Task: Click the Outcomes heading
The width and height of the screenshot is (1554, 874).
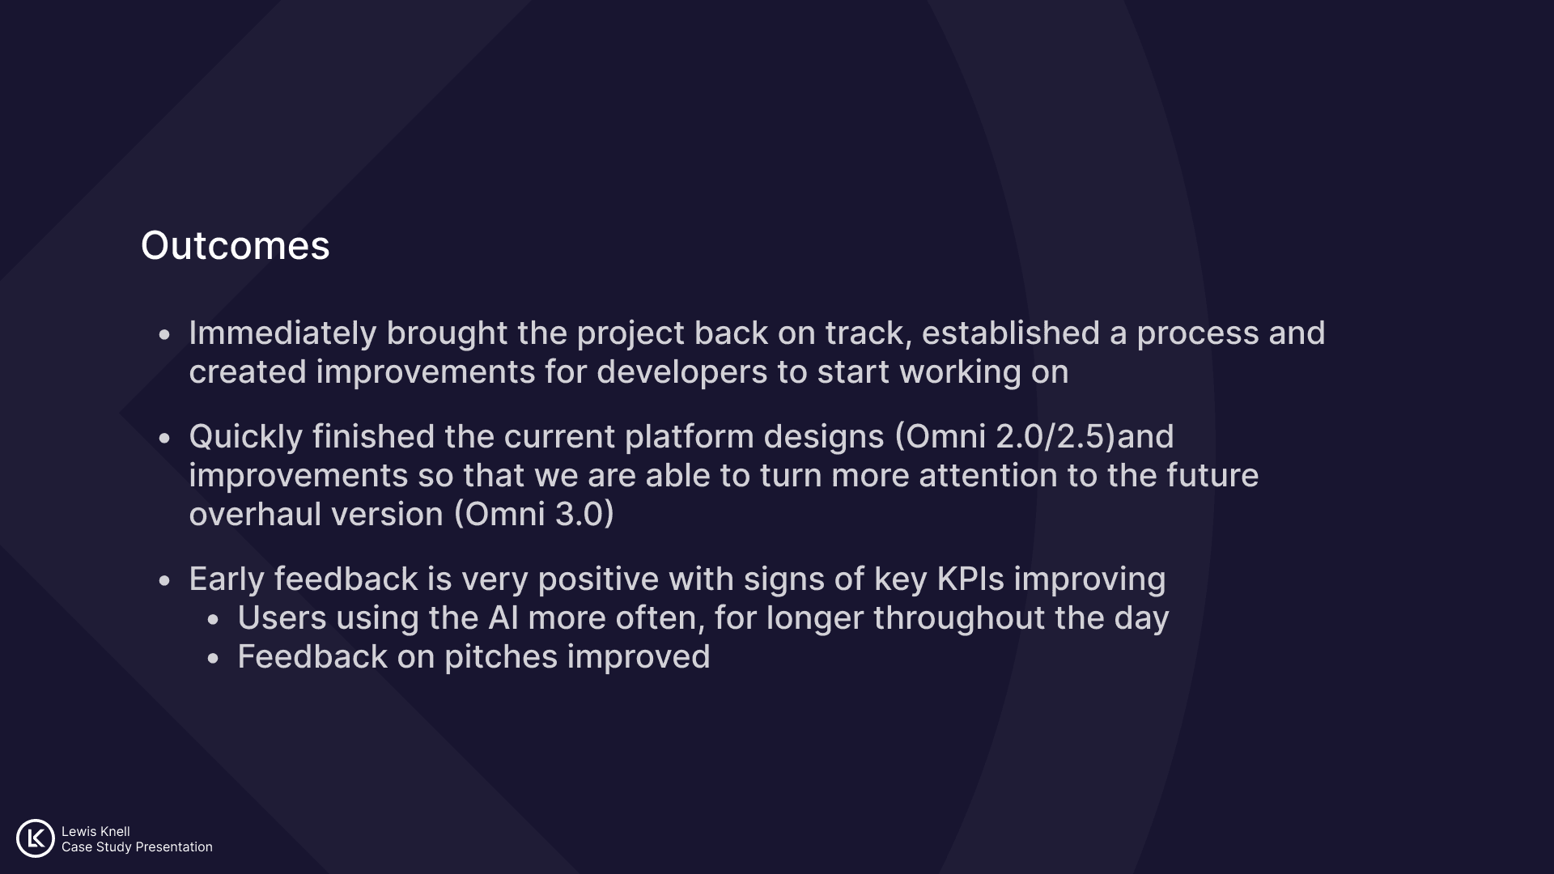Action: (236, 245)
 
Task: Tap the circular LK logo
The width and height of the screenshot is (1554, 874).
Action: (36, 838)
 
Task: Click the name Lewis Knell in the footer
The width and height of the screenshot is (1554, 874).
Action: (96, 831)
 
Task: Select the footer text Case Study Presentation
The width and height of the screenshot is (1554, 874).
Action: (137, 847)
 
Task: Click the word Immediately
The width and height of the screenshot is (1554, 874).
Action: (282, 333)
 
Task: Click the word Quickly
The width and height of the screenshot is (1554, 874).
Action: (246, 437)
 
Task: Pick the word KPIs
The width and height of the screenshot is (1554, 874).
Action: (970, 579)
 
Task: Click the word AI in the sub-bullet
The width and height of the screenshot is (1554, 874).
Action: (503, 618)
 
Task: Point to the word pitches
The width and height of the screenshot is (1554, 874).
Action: (501, 657)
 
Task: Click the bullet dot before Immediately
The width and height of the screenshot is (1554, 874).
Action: (165, 334)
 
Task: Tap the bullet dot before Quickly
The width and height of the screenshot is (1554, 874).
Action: (165, 438)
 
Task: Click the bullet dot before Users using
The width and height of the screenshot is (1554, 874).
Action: (214, 620)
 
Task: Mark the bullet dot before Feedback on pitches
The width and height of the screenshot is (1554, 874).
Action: (214, 659)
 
